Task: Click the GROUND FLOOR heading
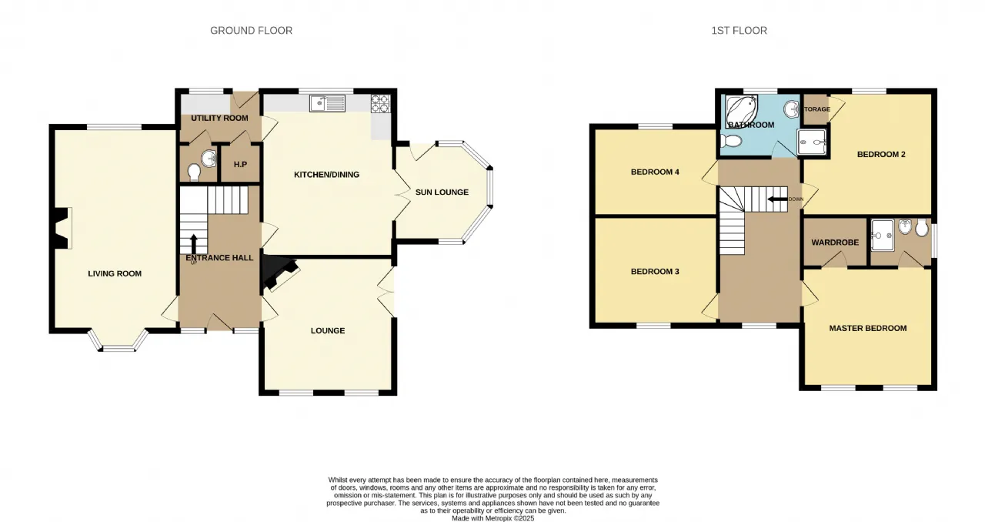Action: pyautogui.click(x=251, y=30)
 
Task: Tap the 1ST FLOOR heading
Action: pyautogui.click(x=740, y=30)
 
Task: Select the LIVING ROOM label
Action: pyautogui.click(x=115, y=273)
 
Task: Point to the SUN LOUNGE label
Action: pyautogui.click(x=442, y=192)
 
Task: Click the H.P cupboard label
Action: pyautogui.click(x=240, y=164)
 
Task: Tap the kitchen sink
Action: pyautogui.click(x=328, y=103)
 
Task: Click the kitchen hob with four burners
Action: pyautogui.click(x=380, y=104)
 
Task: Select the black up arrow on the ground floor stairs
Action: pyautogui.click(x=193, y=243)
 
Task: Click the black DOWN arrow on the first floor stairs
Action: pyautogui.click(x=777, y=199)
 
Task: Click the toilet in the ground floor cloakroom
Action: pyautogui.click(x=193, y=172)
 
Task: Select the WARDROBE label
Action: pyautogui.click(x=835, y=243)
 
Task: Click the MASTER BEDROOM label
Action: pyautogui.click(x=868, y=328)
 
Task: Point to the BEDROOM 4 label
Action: pyautogui.click(x=655, y=172)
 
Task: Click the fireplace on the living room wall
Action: pyautogui.click(x=62, y=229)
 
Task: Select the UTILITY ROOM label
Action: pyautogui.click(x=219, y=118)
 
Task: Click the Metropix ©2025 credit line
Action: pyautogui.click(x=493, y=518)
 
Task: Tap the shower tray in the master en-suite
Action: pyautogui.click(x=883, y=235)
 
